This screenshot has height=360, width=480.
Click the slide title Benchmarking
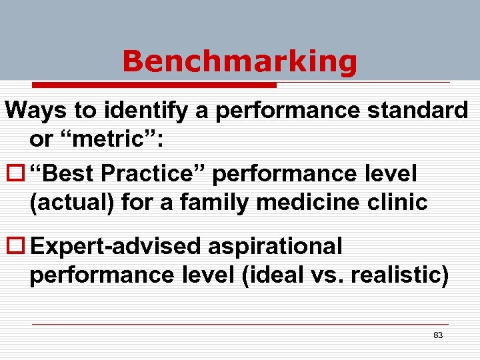239,61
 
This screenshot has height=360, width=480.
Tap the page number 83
438,335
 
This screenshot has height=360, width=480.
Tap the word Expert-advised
117,247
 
